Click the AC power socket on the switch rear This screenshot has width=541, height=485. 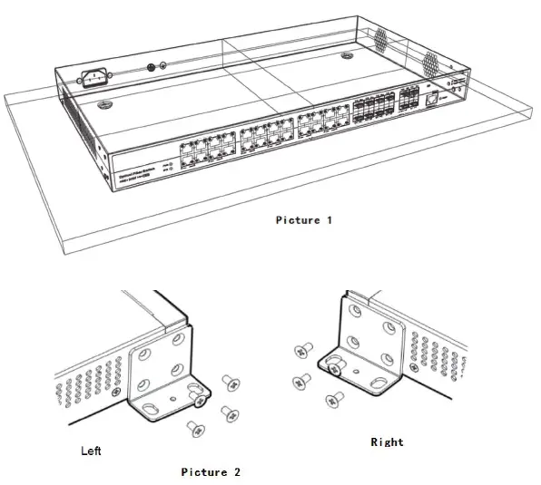tap(97, 78)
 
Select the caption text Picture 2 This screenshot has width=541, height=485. tap(211, 472)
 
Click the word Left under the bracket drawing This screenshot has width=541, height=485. tap(91, 451)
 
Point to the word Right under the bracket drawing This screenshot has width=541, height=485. tap(387, 442)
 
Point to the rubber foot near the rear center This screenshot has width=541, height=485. tap(347, 57)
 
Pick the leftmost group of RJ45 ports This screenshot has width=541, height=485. tap(205, 148)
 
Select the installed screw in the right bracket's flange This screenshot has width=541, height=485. tap(335, 369)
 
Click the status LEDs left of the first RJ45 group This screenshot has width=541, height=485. tap(168, 169)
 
